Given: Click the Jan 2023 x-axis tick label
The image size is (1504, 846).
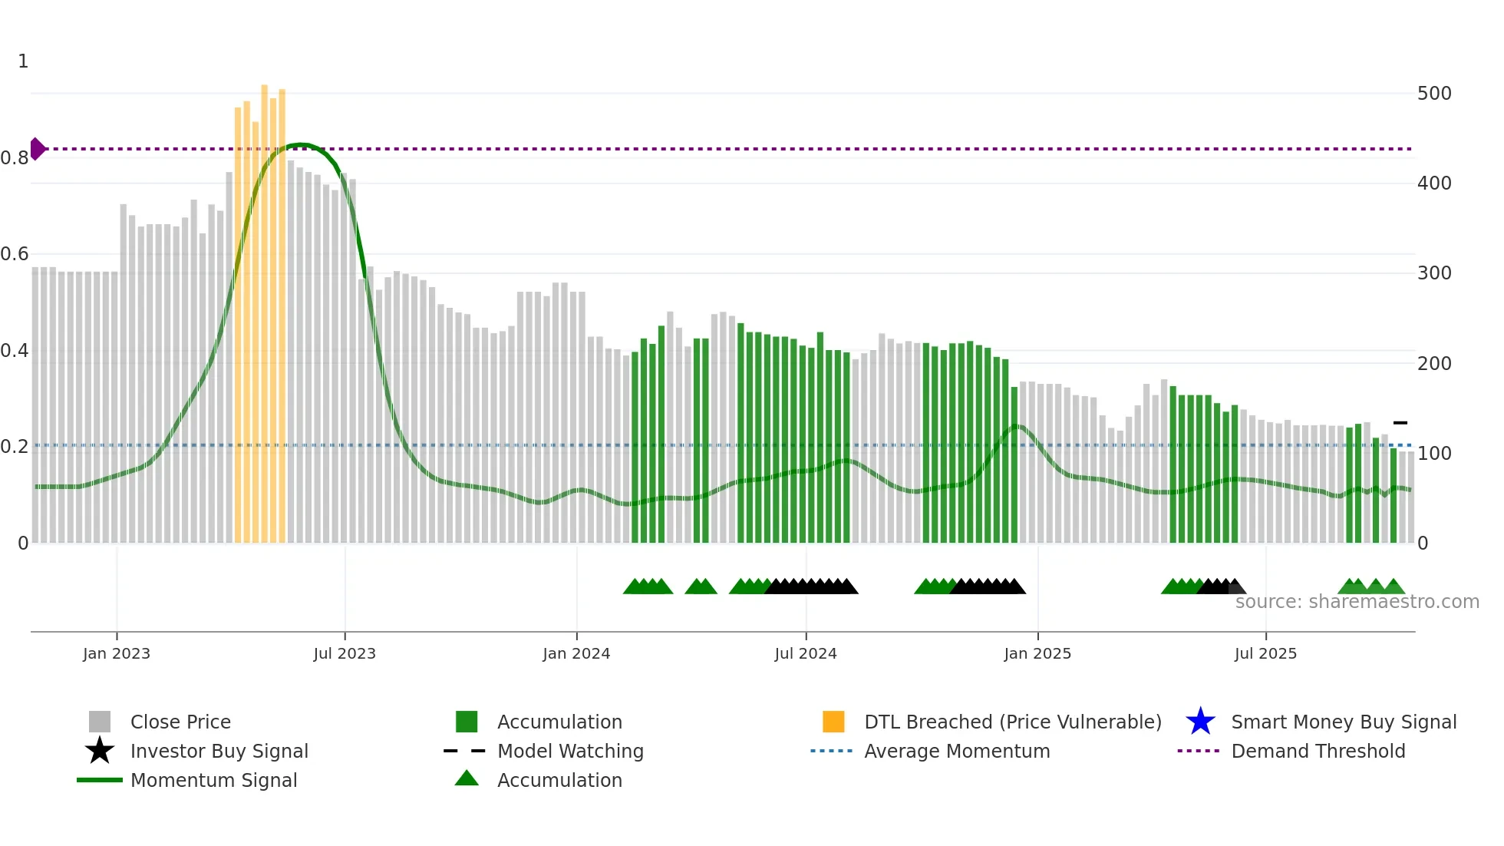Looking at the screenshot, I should click(117, 654).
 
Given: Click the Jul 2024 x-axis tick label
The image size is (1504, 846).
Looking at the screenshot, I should click(805, 654).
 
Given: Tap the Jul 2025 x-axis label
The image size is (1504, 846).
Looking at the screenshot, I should click(1265, 654).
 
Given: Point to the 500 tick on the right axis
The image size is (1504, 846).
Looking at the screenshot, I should click(1433, 94).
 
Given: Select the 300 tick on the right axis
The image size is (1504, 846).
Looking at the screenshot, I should click(1433, 273).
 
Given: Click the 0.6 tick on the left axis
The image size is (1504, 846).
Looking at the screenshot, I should click(15, 254).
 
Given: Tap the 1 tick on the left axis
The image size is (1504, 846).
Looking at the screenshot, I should click(23, 61).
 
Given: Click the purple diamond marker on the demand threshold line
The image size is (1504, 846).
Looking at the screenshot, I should click(37, 149).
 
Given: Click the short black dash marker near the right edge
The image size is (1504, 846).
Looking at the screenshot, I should click(1400, 423).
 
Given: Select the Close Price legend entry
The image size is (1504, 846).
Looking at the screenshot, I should click(180, 722).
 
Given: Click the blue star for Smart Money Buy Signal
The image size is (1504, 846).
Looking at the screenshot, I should click(1200, 722).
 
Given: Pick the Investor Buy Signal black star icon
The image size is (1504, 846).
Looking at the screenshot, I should click(100, 751).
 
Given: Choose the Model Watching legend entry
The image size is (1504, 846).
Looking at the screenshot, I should click(569, 752).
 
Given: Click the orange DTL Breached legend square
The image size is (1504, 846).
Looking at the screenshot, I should click(833, 722).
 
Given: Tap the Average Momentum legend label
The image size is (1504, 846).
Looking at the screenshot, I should click(956, 752).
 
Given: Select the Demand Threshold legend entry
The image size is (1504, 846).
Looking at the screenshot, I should click(1318, 752).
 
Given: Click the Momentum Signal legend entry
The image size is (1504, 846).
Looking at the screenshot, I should click(213, 781).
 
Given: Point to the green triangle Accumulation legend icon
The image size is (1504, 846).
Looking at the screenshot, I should click(467, 779).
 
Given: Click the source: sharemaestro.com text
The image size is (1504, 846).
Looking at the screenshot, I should click(1357, 602).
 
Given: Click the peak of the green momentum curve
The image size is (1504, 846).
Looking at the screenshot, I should click(301, 144).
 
